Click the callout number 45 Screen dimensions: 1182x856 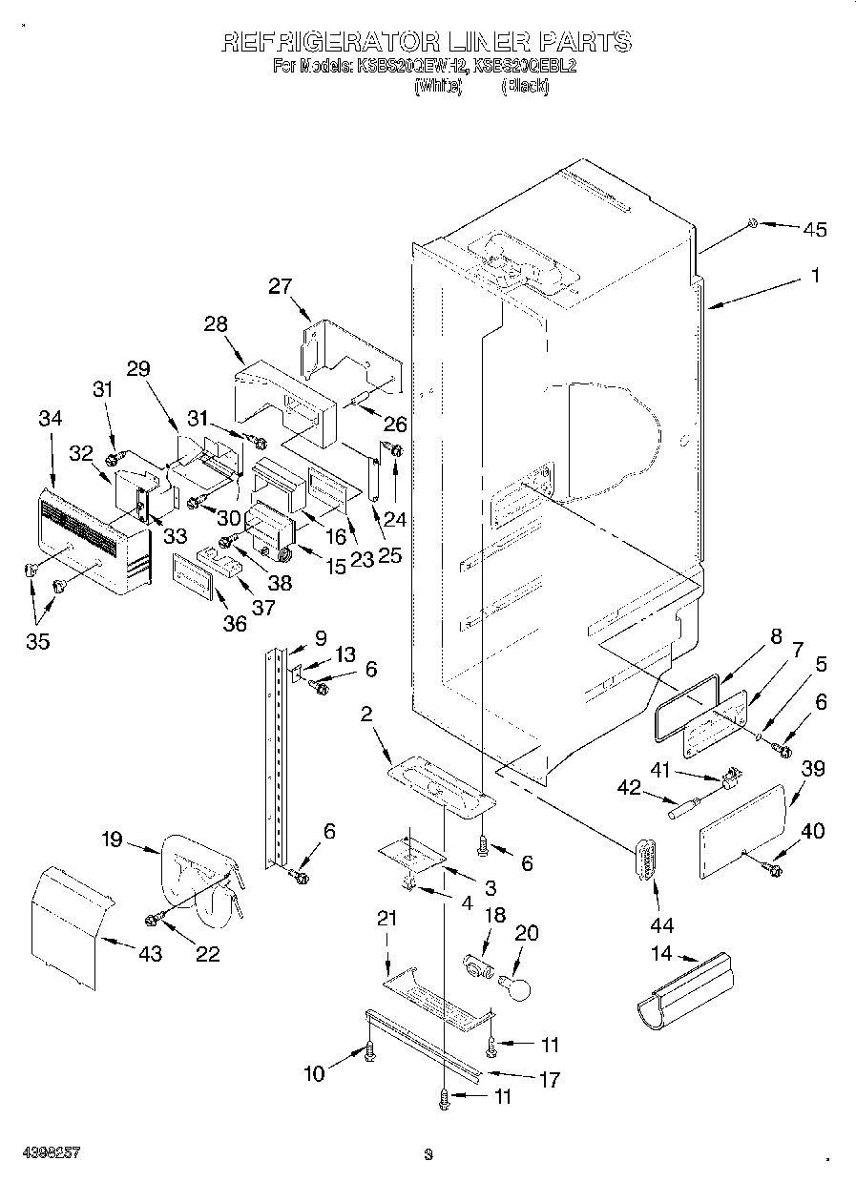(x=814, y=229)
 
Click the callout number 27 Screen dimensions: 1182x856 (x=280, y=285)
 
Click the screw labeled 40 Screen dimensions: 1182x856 (x=771, y=868)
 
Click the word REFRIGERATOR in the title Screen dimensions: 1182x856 (x=326, y=42)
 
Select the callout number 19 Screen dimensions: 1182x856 (x=112, y=840)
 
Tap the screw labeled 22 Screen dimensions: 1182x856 (x=152, y=918)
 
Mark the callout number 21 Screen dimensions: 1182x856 (x=386, y=919)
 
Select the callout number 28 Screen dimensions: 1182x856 (x=215, y=323)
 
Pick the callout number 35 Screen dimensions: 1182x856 (x=37, y=640)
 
